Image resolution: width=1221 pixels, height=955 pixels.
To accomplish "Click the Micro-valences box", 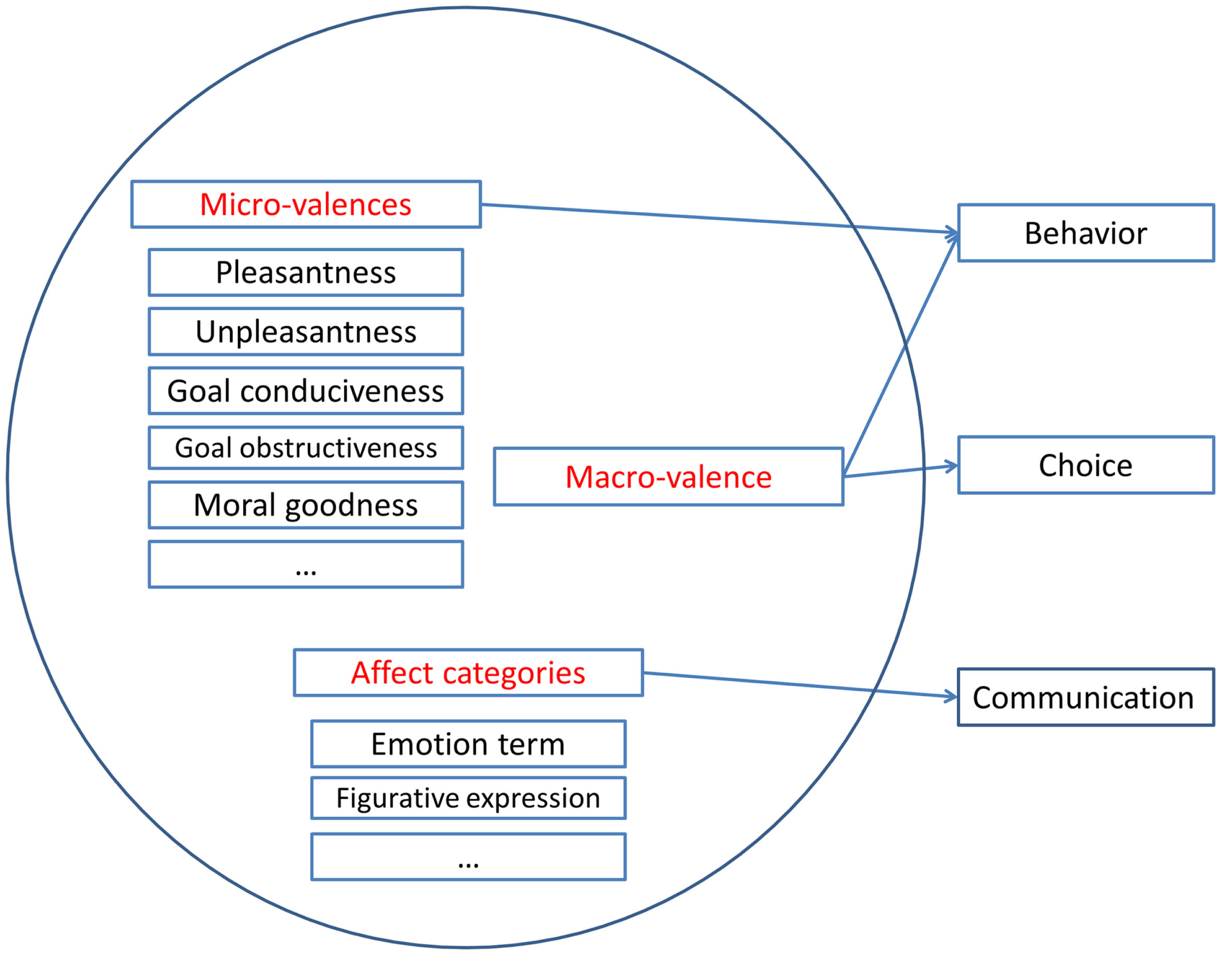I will tap(306, 204).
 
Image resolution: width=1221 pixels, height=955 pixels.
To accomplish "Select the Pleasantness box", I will tap(306, 272).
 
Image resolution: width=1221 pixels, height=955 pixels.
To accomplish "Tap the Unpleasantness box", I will tap(306, 332).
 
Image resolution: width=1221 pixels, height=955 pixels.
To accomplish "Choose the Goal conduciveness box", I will tap(306, 391).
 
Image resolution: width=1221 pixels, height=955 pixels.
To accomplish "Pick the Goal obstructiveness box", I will tap(306, 448).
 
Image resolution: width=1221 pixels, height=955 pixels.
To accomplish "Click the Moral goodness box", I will tap(306, 505).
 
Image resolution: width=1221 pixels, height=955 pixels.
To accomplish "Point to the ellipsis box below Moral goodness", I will tap(306, 564).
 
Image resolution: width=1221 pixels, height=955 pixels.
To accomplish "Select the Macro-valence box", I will tap(668, 477).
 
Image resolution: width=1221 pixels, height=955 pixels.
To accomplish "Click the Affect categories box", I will tap(468, 673).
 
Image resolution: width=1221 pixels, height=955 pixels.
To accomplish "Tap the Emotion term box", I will tap(468, 744).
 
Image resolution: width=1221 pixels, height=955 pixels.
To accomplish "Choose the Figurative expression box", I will tap(468, 798).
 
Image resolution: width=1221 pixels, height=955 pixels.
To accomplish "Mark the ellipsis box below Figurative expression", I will tap(468, 857).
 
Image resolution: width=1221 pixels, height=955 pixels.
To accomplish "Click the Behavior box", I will tap(1086, 233).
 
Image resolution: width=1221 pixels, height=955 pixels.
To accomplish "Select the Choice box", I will tap(1086, 465).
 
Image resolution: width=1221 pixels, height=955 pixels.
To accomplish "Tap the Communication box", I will tap(1086, 697).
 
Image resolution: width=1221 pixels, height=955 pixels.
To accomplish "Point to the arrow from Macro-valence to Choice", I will tap(900, 471).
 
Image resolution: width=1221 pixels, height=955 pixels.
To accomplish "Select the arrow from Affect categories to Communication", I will tap(800, 685).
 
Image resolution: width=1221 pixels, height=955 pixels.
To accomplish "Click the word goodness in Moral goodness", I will tap(351, 506).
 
